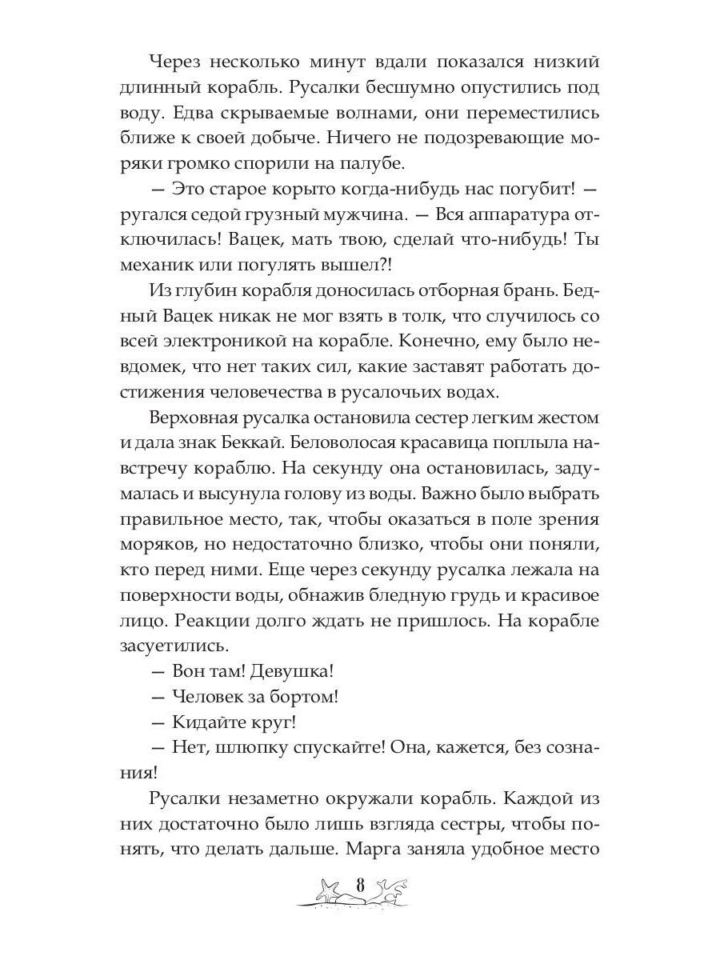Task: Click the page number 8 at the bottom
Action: pyautogui.click(x=360, y=886)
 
